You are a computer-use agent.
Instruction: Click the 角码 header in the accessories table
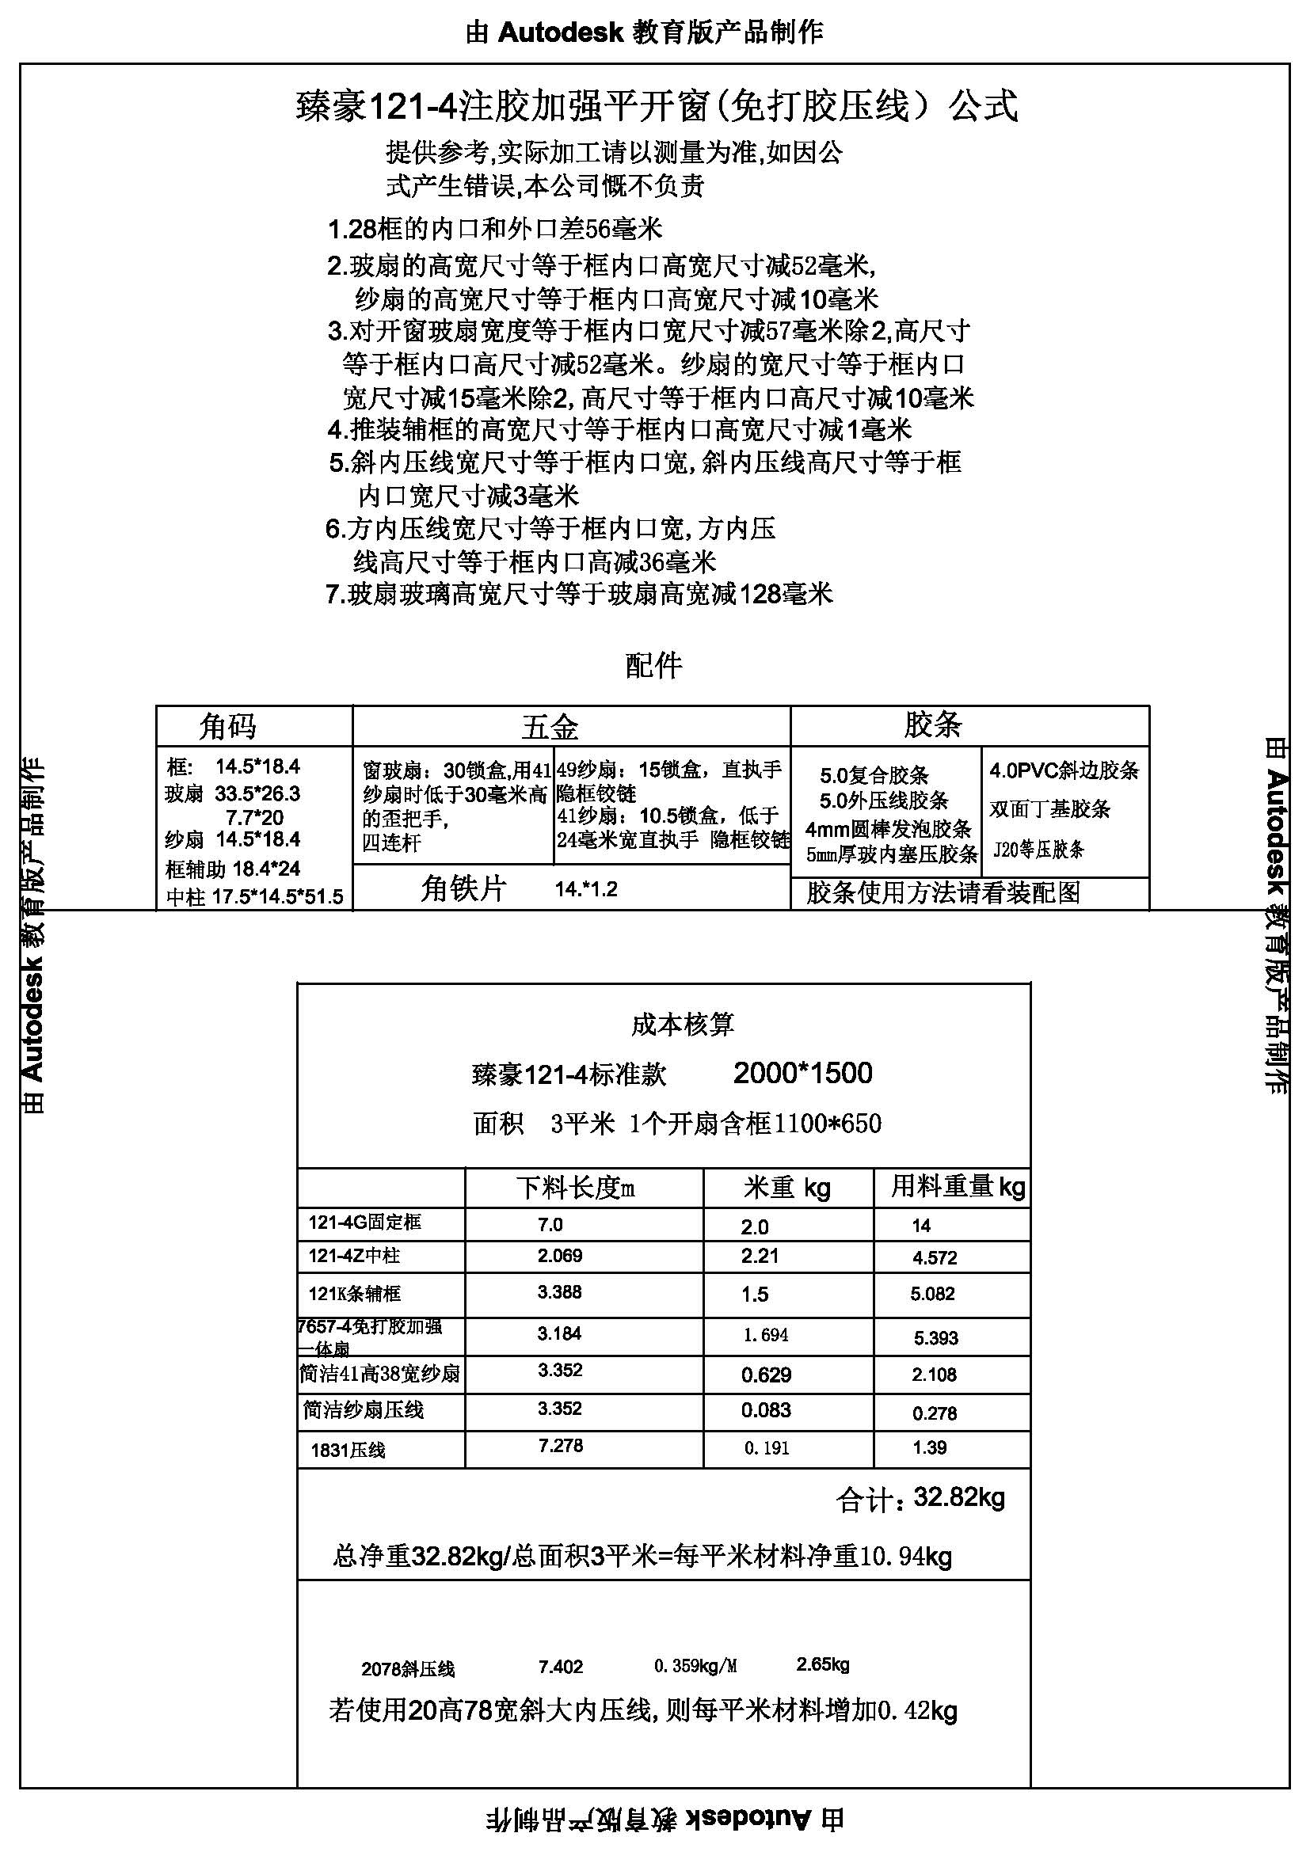[x=228, y=727]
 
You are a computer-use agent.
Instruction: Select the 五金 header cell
[x=550, y=727]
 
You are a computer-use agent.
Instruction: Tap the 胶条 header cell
[x=932, y=725]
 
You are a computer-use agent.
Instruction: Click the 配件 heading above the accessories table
[x=653, y=665]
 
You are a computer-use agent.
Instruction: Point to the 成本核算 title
[x=683, y=1025]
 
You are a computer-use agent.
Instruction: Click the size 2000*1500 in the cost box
[x=802, y=1074]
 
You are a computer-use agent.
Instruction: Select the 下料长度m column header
[x=576, y=1188]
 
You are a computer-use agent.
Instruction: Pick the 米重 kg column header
[x=787, y=1188]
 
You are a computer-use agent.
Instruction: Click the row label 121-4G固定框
[x=364, y=1223]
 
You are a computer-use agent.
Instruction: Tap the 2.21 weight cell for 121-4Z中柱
[x=760, y=1256]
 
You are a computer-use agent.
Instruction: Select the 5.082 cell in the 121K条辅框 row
[x=932, y=1294]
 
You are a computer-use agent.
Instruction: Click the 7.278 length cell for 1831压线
[x=561, y=1446]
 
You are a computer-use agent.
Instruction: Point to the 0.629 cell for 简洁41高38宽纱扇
[x=766, y=1375]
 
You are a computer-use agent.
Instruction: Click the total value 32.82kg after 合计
[x=959, y=1498]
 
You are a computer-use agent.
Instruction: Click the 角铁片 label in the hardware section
[x=463, y=889]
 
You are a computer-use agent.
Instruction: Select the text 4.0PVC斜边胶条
[x=1064, y=770]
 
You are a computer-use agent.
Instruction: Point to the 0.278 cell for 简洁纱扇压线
[x=934, y=1413]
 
